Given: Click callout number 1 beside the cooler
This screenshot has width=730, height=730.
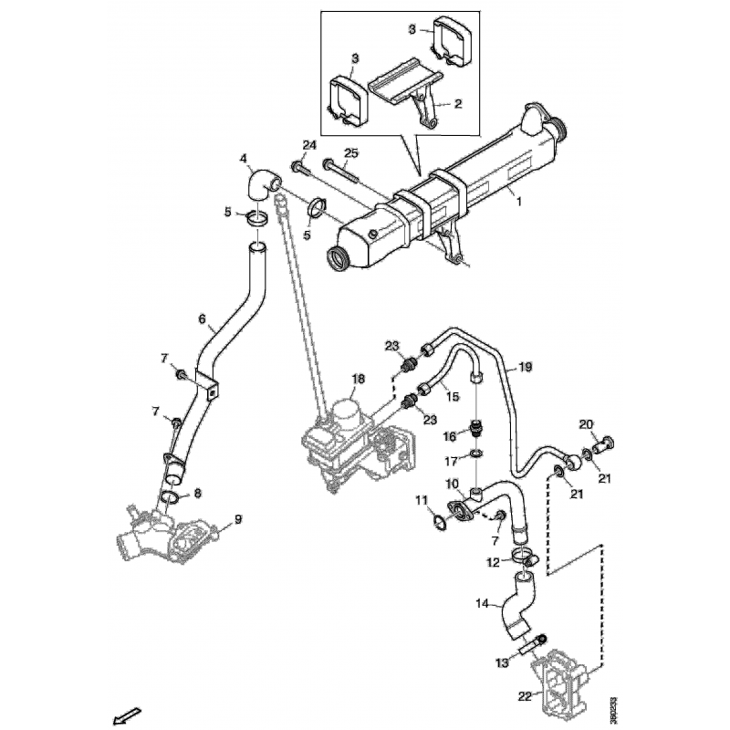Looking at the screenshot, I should pyautogui.click(x=519, y=202).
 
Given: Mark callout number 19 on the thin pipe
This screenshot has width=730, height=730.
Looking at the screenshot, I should pyautogui.click(x=525, y=367).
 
